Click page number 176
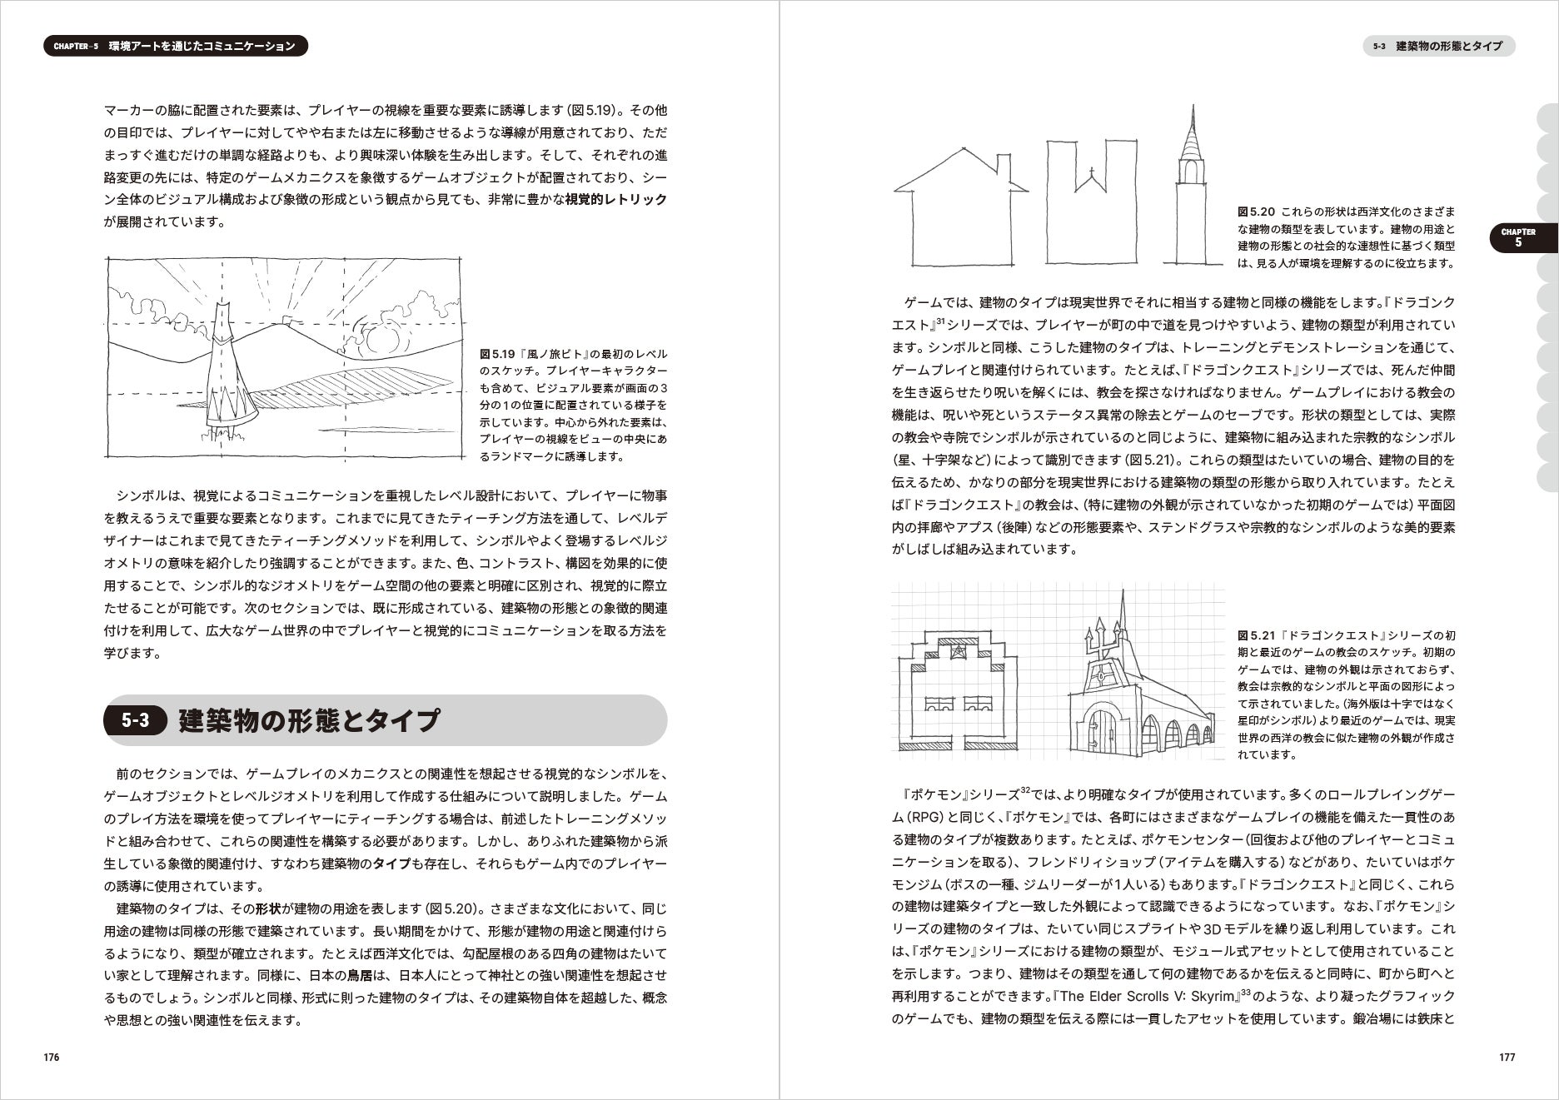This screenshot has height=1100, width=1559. pos(51,1057)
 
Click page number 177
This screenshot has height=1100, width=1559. pos(1507,1057)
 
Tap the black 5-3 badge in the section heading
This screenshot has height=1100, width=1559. pos(135,720)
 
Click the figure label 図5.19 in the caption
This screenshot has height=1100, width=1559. pos(493,354)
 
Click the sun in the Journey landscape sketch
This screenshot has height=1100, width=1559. pos(381,340)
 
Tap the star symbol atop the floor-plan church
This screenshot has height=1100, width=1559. pos(959,650)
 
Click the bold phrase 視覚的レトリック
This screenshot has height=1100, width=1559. pos(616,200)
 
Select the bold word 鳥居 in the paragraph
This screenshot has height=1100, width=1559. pos(360,975)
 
